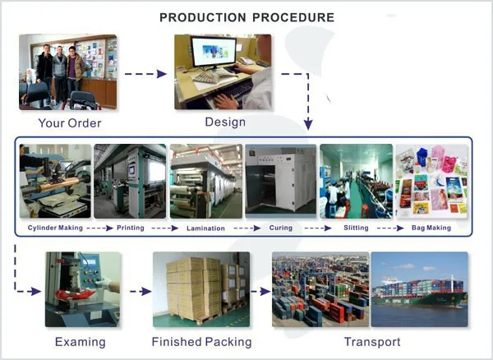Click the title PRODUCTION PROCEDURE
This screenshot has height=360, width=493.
tap(246, 16)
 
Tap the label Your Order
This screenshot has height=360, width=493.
tap(69, 124)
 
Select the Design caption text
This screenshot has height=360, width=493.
tap(224, 122)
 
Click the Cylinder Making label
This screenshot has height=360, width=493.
tap(55, 228)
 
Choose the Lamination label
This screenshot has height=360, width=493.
tap(205, 228)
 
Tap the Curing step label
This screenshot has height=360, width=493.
tap(281, 228)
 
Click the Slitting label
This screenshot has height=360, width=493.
tap(356, 228)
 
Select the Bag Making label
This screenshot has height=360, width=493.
tap(431, 228)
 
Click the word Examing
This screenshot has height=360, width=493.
tap(80, 341)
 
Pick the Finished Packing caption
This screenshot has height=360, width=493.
tap(201, 341)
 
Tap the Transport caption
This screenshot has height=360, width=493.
tap(372, 341)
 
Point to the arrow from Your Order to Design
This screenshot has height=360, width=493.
tap(145, 74)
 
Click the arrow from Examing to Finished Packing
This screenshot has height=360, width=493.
tap(140, 290)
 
